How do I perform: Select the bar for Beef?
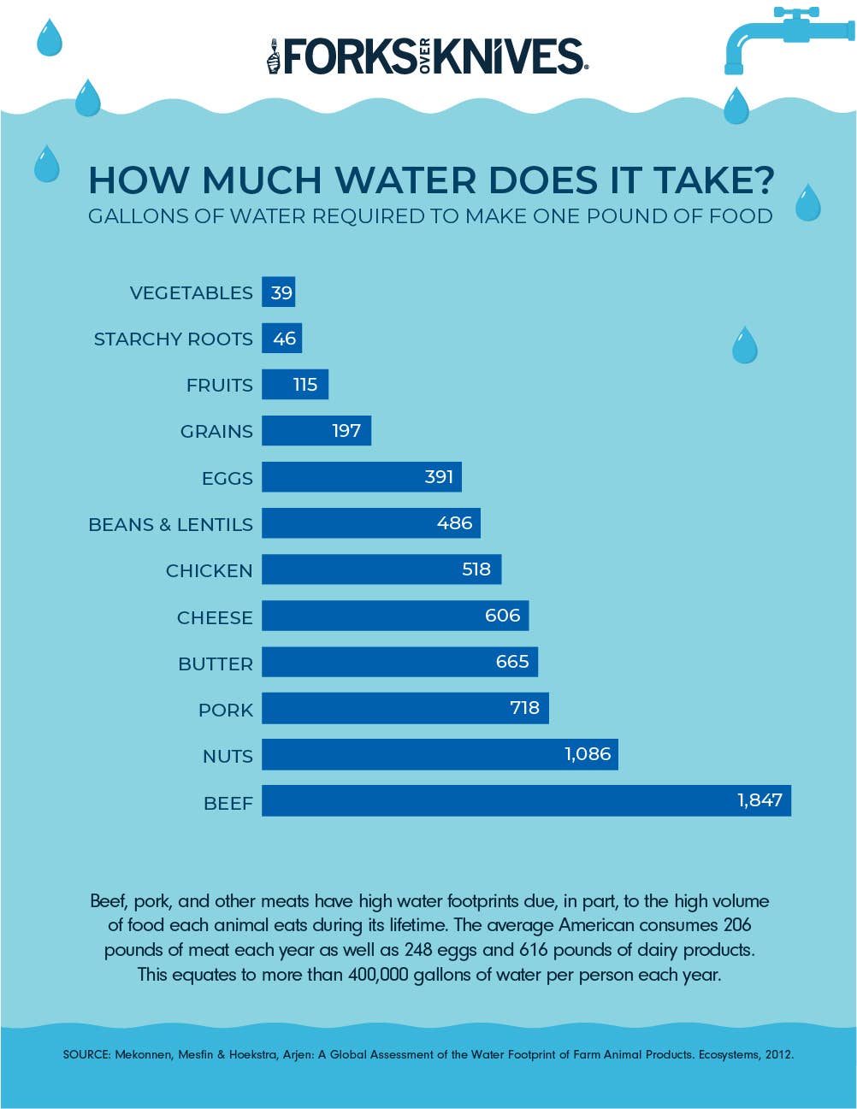pyautogui.click(x=526, y=800)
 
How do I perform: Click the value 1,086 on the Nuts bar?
pyautogui.click(x=588, y=754)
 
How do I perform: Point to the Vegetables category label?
pyautogui.click(x=191, y=293)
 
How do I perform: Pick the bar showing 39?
pyautogui.click(x=279, y=292)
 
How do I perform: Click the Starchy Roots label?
pyautogui.click(x=173, y=339)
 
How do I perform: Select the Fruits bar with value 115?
pyautogui.click(x=294, y=385)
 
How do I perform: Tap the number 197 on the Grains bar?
pyautogui.click(x=346, y=431)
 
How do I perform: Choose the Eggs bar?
pyautogui.click(x=361, y=477)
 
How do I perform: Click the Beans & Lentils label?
pyautogui.click(x=170, y=524)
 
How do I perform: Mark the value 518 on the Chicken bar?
pyautogui.click(x=476, y=569)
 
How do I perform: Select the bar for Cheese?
pyautogui.click(x=394, y=616)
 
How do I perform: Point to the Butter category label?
pyautogui.click(x=216, y=664)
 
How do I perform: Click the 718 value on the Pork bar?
pyautogui.click(x=524, y=708)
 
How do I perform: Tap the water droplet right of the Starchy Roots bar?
pyautogui.click(x=745, y=345)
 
